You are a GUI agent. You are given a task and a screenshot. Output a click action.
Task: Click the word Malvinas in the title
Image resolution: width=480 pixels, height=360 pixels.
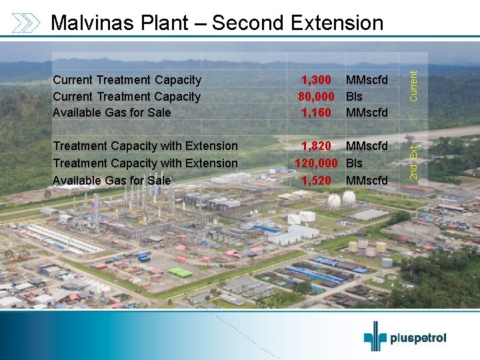click(x=93, y=23)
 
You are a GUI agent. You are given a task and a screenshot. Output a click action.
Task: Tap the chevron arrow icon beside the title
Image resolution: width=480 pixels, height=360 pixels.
click(x=26, y=23)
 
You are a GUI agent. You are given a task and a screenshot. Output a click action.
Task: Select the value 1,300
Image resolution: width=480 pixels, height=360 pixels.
click(x=316, y=80)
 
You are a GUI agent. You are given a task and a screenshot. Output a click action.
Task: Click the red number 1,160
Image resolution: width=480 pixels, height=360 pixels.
click(x=316, y=113)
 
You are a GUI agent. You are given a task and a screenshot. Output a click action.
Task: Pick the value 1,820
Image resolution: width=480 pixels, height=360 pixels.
click(x=317, y=146)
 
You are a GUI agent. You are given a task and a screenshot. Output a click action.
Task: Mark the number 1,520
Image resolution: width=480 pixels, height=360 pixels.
click(x=317, y=181)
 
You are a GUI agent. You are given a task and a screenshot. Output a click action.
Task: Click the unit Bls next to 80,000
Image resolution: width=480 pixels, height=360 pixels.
click(x=354, y=97)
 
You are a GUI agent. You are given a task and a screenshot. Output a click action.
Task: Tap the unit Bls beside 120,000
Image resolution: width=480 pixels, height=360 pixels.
click(x=354, y=163)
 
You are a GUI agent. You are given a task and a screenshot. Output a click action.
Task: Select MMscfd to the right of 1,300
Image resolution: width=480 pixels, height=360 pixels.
click(x=367, y=80)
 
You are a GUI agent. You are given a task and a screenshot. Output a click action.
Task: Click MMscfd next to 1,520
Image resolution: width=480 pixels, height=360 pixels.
click(x=367, y=181)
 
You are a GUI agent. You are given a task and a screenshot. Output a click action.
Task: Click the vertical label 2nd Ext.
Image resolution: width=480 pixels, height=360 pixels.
click(x=413, y=162)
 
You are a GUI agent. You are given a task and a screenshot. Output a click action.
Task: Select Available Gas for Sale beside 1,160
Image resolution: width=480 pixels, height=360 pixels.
click(x=111, y=113)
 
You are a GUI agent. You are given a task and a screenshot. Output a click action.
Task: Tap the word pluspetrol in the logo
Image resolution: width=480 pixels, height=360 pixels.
click(x=419, y=338)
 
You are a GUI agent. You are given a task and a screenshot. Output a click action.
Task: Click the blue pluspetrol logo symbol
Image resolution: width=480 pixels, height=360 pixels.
click(x=375, y=336)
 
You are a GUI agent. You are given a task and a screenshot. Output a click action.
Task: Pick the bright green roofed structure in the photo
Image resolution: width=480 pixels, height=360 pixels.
click(x=180, y=272)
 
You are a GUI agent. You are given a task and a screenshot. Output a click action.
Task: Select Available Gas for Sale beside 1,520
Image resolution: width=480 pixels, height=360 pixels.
click(x=111, y=181)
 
